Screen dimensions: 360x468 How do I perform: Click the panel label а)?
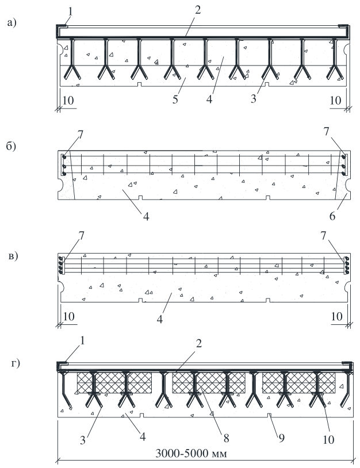(x=12, y=22)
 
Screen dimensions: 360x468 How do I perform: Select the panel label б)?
(x=12, y=146)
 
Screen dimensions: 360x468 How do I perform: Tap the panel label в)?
(x=13, y=256)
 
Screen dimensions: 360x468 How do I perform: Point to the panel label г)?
(x=16, y=363)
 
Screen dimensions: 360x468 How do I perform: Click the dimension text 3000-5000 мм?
(x=191, y=454)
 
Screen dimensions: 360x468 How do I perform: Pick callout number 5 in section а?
(x=175, y=99)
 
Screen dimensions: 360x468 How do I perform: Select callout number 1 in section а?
(x=71, y=11)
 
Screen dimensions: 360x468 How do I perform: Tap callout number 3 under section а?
(x=254, y=99)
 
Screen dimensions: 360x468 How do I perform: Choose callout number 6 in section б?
(x=332, y=216)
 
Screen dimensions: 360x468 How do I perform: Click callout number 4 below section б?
(x=146, y=216)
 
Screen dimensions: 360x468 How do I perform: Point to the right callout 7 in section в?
(x=324, y=236)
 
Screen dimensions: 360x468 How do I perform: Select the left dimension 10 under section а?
(x=68, y=100)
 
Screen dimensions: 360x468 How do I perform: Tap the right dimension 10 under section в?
(x=337, y=316)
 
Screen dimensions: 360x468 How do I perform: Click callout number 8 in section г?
(x=226, y=438)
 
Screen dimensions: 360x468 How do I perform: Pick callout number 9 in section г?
(x=281, y=438)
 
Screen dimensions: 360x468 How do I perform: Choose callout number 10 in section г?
(x=328, y=439)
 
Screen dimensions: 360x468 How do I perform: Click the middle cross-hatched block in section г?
(x=209, y=383)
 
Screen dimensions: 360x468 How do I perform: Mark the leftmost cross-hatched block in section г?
(x=114, y=383)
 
